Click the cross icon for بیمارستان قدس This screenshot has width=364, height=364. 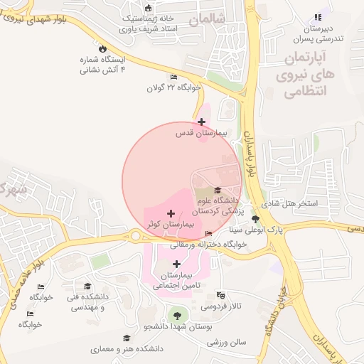tap(202, 122)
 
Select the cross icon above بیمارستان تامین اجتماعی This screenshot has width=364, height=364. tap(177, 264)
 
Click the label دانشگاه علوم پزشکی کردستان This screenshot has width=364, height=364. tap(217, 206)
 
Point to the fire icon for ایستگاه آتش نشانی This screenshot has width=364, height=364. tap(103, 49)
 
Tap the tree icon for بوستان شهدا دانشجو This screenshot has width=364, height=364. tap(175, 314)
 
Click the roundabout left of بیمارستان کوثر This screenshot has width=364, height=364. tap(135, 236)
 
